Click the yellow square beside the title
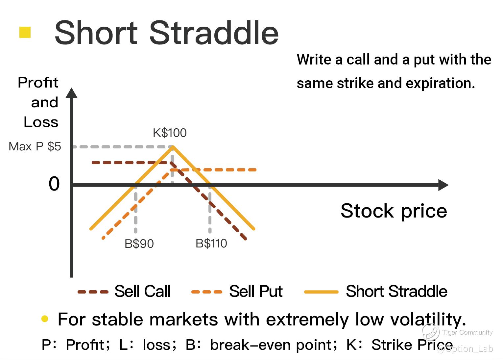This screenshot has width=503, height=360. coord(25,32)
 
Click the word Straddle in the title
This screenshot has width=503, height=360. coord(214,33)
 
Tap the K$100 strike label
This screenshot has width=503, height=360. coord(170,133)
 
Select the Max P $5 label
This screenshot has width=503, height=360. coord(35,146)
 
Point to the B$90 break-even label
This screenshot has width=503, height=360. coord(139,244)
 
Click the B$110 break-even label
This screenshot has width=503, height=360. coord(211,244)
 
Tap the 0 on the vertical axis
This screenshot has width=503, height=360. coord(54,184)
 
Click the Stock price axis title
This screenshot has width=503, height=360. coord(394,211)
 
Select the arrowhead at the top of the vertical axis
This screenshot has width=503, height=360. coord(72,93)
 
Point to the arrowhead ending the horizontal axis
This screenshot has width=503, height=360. coord(443,185)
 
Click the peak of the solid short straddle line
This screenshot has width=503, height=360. coord(173,147)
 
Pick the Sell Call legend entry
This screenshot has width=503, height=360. coord(124,291)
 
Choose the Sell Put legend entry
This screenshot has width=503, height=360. coord(237,291)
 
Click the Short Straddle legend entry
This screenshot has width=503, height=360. coord(376,291)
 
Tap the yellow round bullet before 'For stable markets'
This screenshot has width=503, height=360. coord(45,319)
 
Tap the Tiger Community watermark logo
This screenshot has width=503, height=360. coord(431,332)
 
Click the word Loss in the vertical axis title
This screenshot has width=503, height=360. coord(41,122)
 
